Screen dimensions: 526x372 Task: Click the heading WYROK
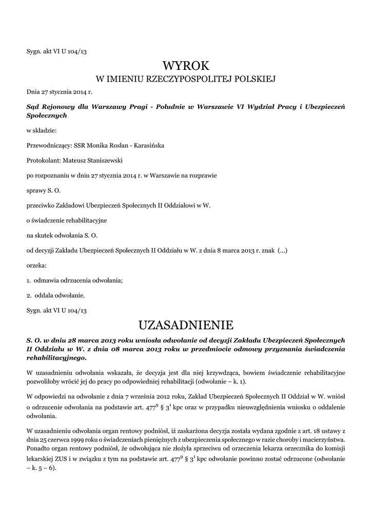point(186,65)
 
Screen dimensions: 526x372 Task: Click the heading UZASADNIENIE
point(186,325)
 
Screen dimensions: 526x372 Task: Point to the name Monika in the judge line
point(98,146)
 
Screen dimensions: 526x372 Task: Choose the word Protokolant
point(42,161)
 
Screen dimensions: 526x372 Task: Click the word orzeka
point(36,266)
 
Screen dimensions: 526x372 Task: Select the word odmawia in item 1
point(46,280)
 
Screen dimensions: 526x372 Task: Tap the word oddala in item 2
point(43,295)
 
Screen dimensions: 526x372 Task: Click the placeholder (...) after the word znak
point(282,251)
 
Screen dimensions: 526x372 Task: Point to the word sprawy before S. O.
point(36,191)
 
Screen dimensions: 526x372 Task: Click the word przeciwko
point(41,205)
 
